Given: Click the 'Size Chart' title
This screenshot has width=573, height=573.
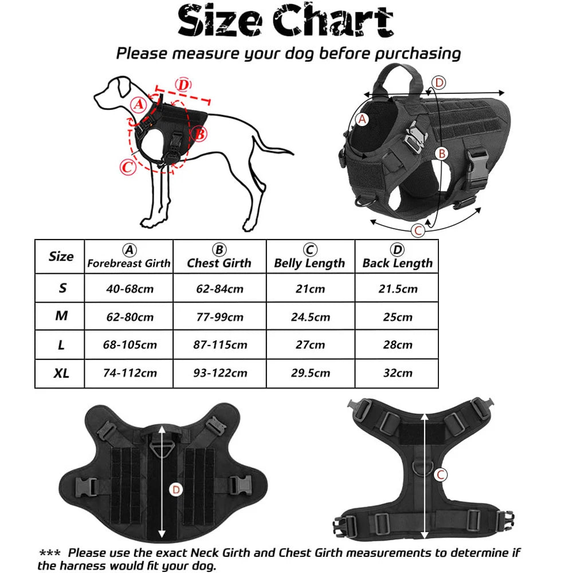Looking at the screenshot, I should pyautogui.click(x=285, y=22).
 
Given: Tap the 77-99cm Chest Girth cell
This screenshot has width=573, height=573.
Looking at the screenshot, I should pyautogui.click(x=219, y=316).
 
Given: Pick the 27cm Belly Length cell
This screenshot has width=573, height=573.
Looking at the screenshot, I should pyautogui.click(x=309, y=344).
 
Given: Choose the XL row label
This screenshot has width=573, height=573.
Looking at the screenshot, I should pyautogui.click(x=61, y=373).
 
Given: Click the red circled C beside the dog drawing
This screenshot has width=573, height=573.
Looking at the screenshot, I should pyautogui.click(x=128, y=167).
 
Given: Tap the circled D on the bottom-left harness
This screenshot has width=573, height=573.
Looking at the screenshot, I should pyautogui.click(x=176, y=489).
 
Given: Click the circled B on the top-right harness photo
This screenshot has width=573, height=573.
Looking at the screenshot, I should pyautogui.click(x=441, y=154).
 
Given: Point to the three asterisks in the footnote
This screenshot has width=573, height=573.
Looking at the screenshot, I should pyautogui.click(x=50, y=553).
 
